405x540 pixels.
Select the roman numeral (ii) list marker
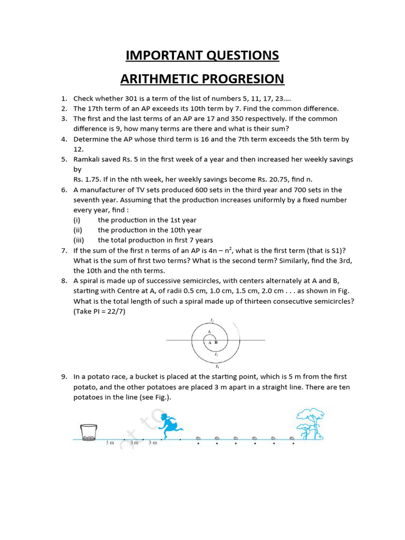coord(79,230)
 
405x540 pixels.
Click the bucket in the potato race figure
coord(89,431)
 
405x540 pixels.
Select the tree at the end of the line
coord(310,422)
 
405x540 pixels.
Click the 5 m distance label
coord(110,443)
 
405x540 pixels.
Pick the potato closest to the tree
coord(293,438)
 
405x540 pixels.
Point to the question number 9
coord(64,377)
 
